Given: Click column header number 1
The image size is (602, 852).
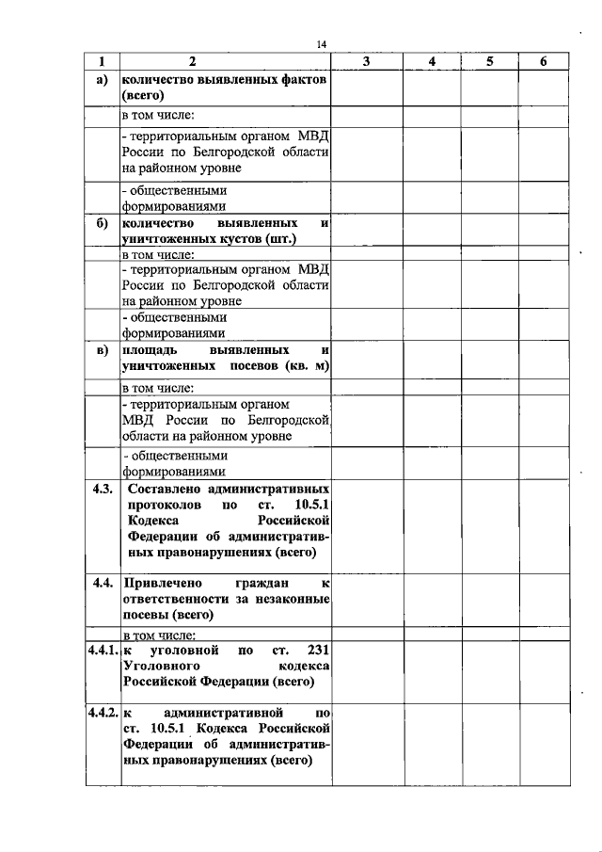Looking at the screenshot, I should (x=102, y=62).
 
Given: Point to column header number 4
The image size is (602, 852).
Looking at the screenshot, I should (x=432, y=62).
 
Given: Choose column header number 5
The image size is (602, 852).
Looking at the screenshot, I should (x=490, y=62).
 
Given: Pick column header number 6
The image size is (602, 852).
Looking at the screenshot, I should (x=544, y=62).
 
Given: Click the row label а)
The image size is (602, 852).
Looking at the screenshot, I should (x=102, y=80).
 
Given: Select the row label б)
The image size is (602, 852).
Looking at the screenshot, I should (x=102, y=224).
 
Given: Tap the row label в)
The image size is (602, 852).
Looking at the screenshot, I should (x=102, y=351).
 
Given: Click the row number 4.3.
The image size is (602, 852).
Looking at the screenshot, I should (x=102, y=490).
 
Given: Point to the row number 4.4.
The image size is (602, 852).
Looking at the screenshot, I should (x=102, y=583).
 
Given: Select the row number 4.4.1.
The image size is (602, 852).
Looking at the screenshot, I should (x=102, y=650).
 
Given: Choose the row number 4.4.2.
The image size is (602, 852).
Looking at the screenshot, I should (x=102, y=714).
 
